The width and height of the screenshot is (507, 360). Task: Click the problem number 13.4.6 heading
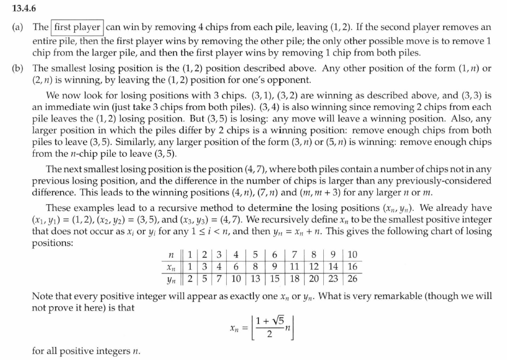(20, 8)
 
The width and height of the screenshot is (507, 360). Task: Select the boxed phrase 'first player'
(77, 27)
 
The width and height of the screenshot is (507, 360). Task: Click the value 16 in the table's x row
(351, 267)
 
